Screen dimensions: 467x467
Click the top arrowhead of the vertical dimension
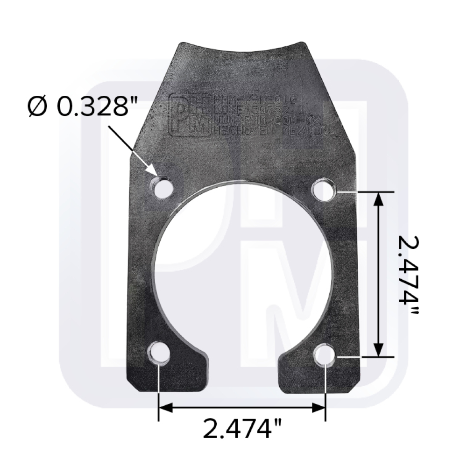379,199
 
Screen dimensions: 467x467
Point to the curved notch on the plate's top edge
241,50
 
